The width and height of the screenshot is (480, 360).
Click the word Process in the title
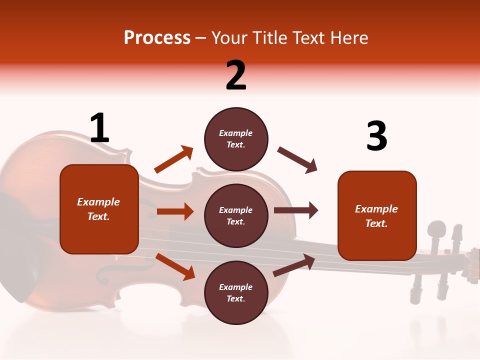(157, 38)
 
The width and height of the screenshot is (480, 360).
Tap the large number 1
(99, 128)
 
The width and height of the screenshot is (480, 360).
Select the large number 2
(236, 75)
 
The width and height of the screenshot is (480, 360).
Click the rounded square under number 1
(99, 209)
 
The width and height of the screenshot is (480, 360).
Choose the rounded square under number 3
(377, 216)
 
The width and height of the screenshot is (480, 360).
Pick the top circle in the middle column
(236, 139)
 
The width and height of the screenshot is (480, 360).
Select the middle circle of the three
(236, 216)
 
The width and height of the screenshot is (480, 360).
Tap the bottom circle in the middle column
(236, 293)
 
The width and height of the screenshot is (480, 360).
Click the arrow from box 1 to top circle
(173, 159)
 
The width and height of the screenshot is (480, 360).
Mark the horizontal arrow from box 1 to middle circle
(175, 211)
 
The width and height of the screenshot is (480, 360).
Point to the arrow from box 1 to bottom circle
(175, 266)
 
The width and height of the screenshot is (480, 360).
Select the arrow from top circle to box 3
(297, 159)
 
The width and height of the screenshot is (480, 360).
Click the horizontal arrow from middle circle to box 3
(296, 210)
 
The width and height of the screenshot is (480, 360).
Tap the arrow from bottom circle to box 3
(294, 265)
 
